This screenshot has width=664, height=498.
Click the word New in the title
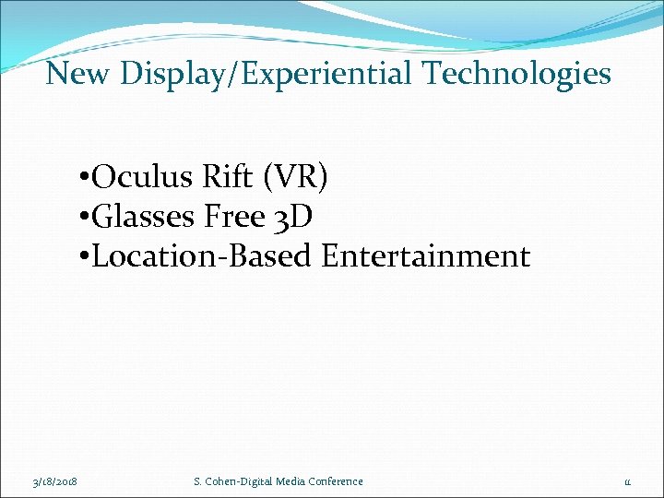tap(77, 73)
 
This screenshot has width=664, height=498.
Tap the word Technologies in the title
tap(523, 73)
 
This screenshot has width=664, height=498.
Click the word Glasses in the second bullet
tap(145, 217)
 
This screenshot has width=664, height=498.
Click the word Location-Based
tap(203, 256)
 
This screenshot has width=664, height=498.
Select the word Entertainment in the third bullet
tap(425, 256)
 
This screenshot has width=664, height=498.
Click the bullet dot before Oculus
tap(84, 178)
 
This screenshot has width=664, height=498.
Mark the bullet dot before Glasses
tap(84, 218)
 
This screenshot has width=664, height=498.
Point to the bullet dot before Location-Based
tap(84, 257)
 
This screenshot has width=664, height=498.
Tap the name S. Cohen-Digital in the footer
tap(230, 481)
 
